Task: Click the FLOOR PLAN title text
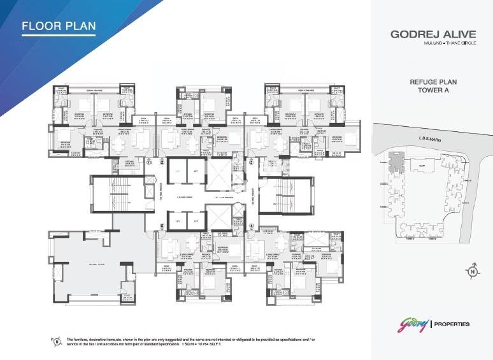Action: [x=59, y=26]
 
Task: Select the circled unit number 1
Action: [x=149, y=162]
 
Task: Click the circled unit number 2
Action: [x=162, y=162]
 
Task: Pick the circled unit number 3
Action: [x=251, y=162]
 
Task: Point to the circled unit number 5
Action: [x=162, y=225]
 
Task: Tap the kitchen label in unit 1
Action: [x=129, y=162]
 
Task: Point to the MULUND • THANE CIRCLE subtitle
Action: [x=427, y=43]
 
